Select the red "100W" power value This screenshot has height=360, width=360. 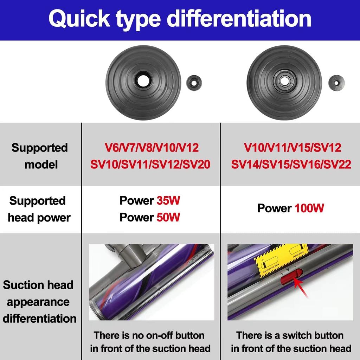click(309, 208)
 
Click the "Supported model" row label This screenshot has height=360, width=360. click(39, 156)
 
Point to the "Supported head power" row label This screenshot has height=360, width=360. click(39, 209)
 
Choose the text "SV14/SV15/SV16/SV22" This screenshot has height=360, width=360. click(291, 164)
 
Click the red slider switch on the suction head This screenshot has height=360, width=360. click(291, 276)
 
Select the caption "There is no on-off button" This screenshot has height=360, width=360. click(149, 335)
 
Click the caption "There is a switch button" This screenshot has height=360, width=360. click(290, 335)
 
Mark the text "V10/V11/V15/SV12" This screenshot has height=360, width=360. click(292, 148)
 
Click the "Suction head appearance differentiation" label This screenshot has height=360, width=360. click(39, 302)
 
